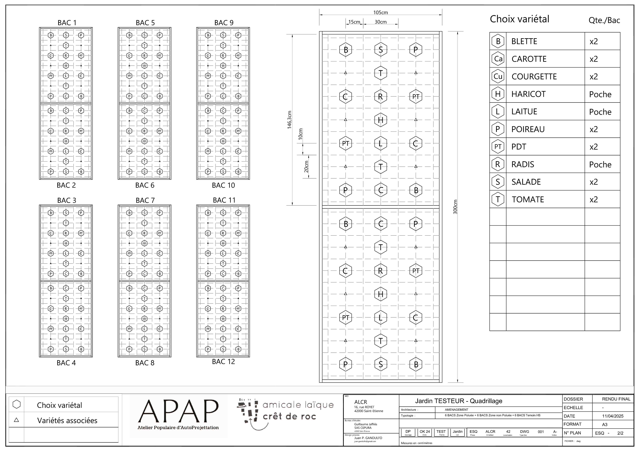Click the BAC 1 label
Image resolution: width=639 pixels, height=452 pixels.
(67, 23)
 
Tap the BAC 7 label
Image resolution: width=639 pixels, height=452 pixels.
(145, 200)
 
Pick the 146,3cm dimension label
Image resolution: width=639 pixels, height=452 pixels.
(289, 120)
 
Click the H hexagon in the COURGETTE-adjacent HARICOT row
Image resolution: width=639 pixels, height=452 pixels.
(498, 94)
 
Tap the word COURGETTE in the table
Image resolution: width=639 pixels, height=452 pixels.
(534, 77)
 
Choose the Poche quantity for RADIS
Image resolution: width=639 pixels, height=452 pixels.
(600, 165)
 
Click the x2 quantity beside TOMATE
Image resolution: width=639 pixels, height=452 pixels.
(594, 200)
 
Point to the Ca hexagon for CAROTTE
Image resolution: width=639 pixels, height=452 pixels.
(498, 59)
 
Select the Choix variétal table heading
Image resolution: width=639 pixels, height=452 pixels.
(519, 19)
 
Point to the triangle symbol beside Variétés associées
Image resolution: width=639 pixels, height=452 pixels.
(16, 420)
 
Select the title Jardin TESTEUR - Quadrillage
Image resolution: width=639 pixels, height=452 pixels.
(459, 401)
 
